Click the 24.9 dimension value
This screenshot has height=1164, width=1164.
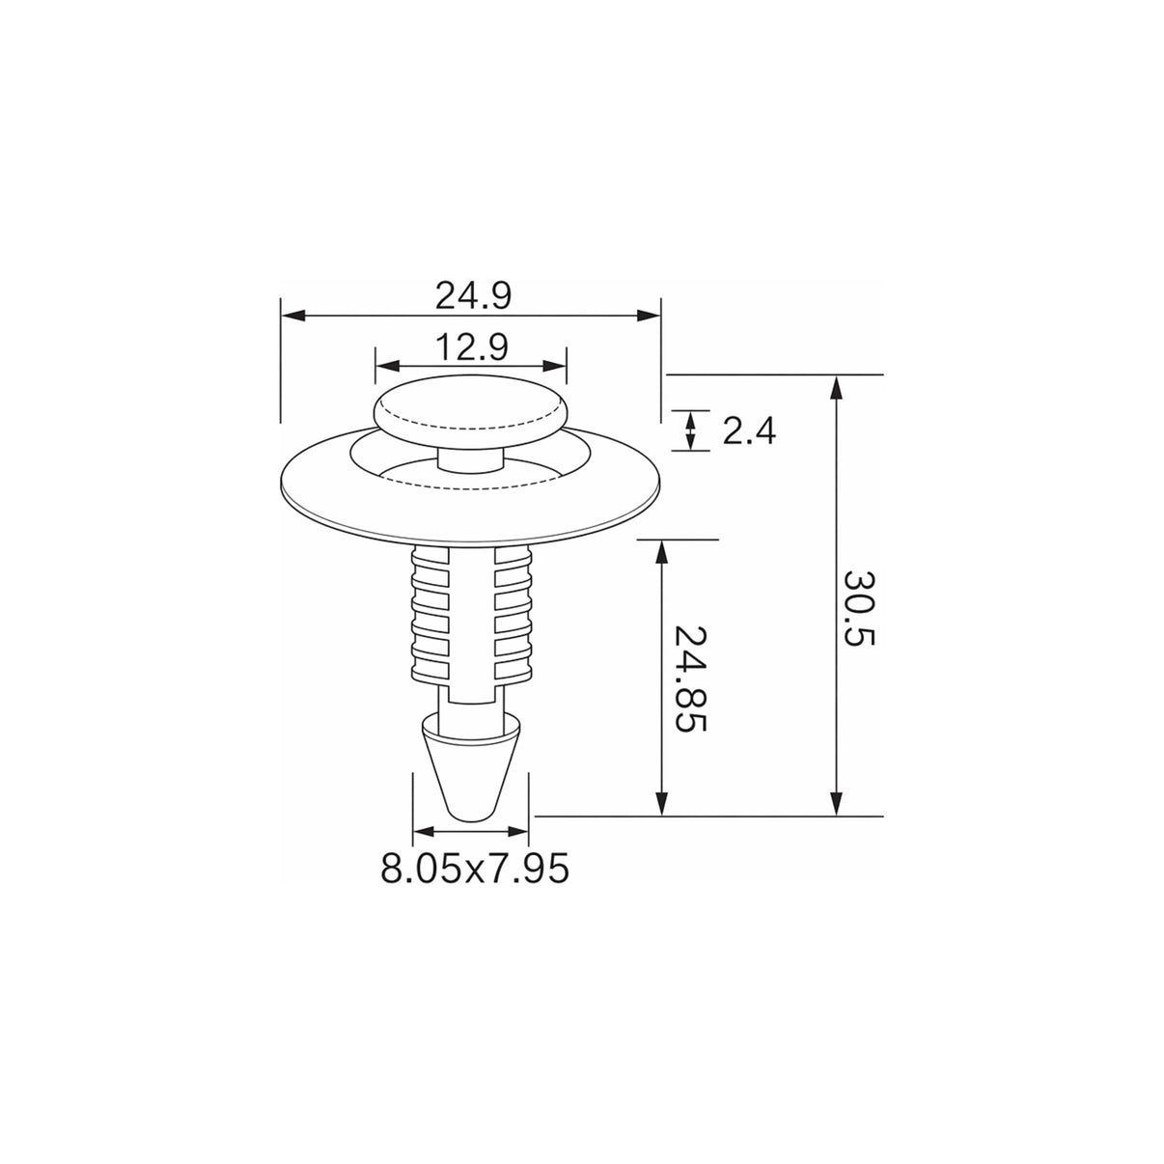(x=473, y=296)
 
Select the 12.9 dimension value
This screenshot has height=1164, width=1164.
(x=472, y=347)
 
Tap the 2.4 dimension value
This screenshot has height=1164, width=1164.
(x=749, y=431)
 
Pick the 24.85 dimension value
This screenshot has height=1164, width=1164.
(x=690, y=678)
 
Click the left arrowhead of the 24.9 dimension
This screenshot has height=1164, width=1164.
(x=292, y=315)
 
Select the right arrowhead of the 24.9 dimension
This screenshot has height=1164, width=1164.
(x=650, y=315)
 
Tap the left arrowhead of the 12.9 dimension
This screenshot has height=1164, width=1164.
(x=387, y=366)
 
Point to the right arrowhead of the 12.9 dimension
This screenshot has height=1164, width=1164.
(x=555, y=366)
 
